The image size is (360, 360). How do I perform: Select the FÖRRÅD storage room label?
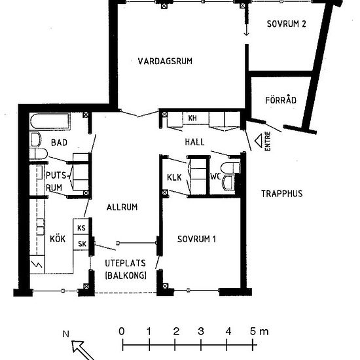[x=281, y=100]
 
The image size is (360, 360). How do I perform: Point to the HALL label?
[x=194, y=141]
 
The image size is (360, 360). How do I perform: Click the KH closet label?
[x=192, y=118]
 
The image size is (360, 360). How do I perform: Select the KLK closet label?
[x=174, y=177]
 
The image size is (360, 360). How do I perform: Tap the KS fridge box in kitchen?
[x=82, y=228]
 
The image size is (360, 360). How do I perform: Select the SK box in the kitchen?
[x=82, y=244]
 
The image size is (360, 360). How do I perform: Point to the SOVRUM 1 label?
[x=197, y=239]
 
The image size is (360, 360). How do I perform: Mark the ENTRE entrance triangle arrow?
[x=258, y=140]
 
